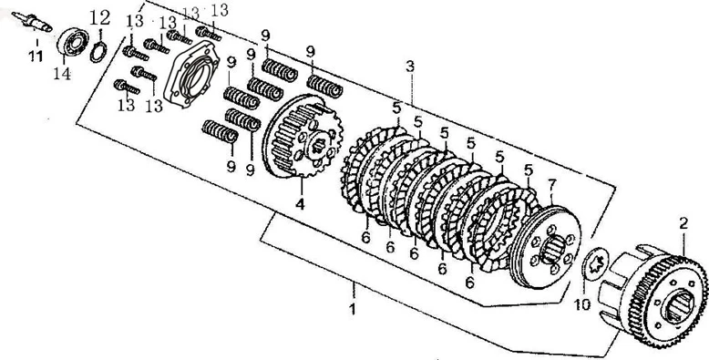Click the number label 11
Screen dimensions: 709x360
pos(36,56)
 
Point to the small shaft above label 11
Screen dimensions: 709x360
pos(32,22)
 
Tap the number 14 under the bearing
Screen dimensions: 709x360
pos(61,73)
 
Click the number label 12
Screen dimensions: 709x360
pos(100,18)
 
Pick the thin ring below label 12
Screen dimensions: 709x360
pos(98,52)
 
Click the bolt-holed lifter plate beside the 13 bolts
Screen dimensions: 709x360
pos(191,74)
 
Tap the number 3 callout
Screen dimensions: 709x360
pos(410,67)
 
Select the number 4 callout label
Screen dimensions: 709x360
pos(300,204)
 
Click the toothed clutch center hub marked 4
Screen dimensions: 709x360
pos(302,136)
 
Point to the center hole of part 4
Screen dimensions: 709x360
pos(319,145)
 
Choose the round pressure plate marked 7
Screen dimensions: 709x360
pos(545,246)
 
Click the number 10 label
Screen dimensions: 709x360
pos(583,304)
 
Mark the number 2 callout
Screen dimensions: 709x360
pos(683,222)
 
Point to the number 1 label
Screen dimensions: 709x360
pos(353,309)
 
